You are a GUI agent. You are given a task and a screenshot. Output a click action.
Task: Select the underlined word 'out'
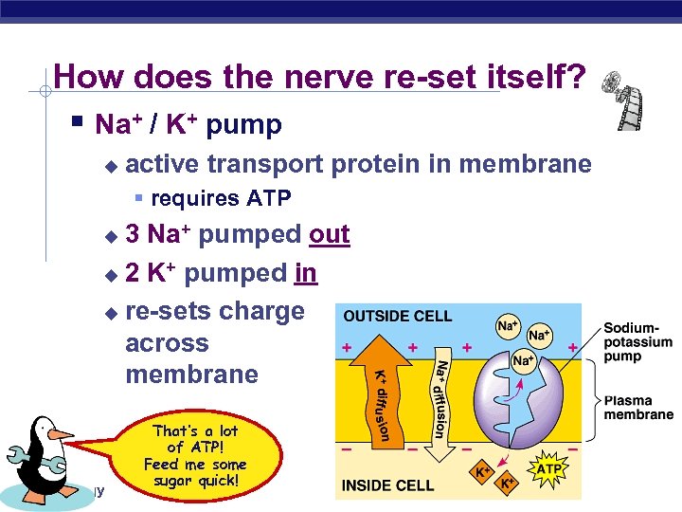(330, 234)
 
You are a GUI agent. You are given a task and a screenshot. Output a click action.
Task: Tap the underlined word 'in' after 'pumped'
(305, 273)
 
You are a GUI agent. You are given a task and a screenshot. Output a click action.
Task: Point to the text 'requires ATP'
(221, 198)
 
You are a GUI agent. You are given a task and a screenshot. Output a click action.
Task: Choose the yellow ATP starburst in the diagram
(548, 468)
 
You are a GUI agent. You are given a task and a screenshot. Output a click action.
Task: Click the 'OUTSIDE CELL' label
(398, 317)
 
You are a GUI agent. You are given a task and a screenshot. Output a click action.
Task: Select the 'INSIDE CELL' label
(388, 485)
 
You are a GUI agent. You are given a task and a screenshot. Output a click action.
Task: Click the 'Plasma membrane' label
(637, 407)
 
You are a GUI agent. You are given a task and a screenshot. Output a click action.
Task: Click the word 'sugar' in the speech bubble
(177, 480)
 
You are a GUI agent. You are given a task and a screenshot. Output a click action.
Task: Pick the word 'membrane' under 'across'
(191, 375)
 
